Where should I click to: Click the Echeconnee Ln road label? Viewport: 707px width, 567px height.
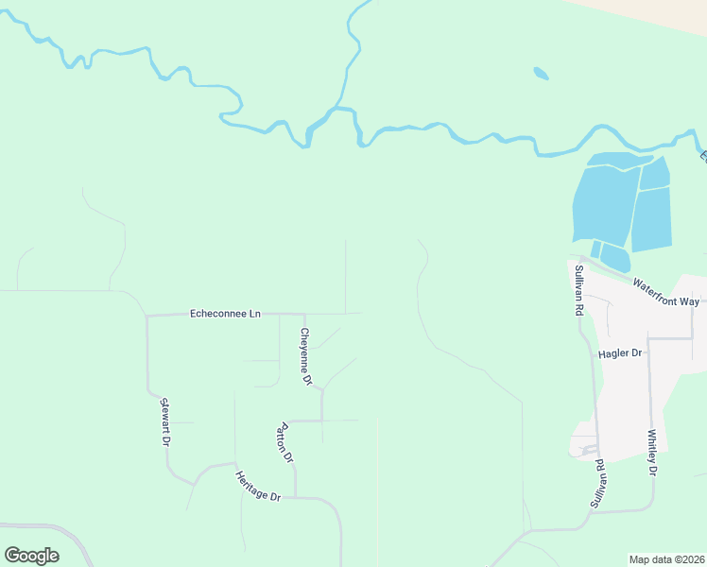(x=225, y=313)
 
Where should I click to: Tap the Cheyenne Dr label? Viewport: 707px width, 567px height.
(x=305, y=356)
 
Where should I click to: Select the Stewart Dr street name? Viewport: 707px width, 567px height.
(x=165, y=421)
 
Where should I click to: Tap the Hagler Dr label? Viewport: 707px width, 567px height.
(x=620, y=352)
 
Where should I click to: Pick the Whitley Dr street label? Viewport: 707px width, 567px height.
(x=652, y=453)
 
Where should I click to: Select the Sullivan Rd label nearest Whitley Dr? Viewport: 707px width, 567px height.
(x=599, y=485)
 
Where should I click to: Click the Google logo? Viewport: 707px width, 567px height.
(x=31, y=556)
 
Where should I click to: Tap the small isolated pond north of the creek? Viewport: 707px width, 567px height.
(x=541, y=73)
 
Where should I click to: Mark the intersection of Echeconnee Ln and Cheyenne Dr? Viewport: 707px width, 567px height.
(x=302, y=314)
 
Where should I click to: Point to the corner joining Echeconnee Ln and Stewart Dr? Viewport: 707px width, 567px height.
(x=147, y=316)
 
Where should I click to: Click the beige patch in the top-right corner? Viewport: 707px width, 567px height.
(x=662, y=11)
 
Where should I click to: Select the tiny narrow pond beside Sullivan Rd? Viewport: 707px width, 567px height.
(x=595, y=249)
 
